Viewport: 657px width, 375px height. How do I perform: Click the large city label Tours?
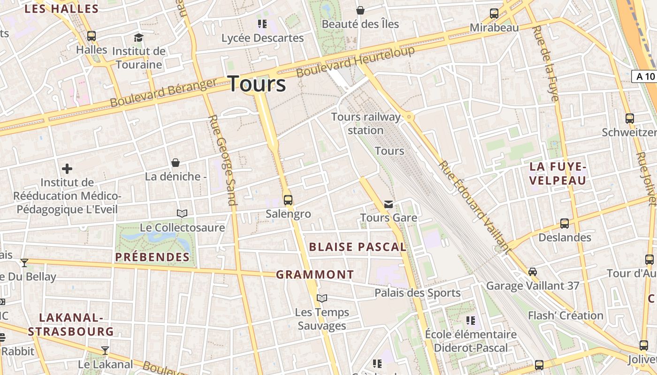click(x=257, y=84)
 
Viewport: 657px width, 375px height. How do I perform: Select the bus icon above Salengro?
click(x=288, y=200)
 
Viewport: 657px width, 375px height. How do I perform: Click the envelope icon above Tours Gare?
click(x=389, y=204)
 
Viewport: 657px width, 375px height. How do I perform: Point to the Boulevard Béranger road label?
click(x=164, y=92)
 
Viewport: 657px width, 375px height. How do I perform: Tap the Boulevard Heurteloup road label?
click(x=356, y=62)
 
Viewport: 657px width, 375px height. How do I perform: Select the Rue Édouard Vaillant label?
click(x=474, y=206)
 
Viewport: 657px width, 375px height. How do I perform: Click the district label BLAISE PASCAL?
click(x=358, y=247)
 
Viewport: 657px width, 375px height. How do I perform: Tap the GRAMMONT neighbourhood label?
click(x=315, y=275)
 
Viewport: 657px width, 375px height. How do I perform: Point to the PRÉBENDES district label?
click(x=153, y=257)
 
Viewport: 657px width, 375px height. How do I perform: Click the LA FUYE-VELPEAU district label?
click(x=558, y=173)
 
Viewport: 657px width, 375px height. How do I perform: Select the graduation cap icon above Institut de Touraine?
click(x=138, y=37)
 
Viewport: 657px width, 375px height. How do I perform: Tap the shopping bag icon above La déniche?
click(x=176, y=163)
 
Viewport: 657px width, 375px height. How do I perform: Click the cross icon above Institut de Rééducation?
click(x=67, y=168)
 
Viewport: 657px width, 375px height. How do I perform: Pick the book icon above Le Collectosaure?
click(x=182, y=214)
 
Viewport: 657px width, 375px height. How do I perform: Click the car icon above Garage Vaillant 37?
click(x=533, y=271)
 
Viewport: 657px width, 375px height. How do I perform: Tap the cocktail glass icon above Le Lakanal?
click(x=105, y=350)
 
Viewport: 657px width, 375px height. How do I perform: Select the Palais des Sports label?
click(x=417, y=293)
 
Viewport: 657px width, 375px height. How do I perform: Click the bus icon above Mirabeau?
click(x=494, y=14)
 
